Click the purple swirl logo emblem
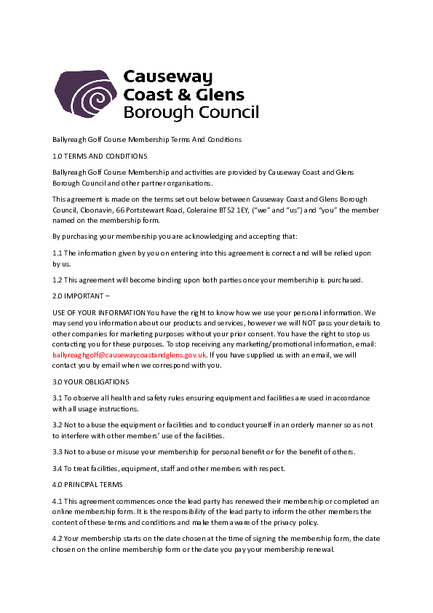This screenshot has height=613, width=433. [x=84, y=95]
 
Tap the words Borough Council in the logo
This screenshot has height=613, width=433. [x=191, y=113]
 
